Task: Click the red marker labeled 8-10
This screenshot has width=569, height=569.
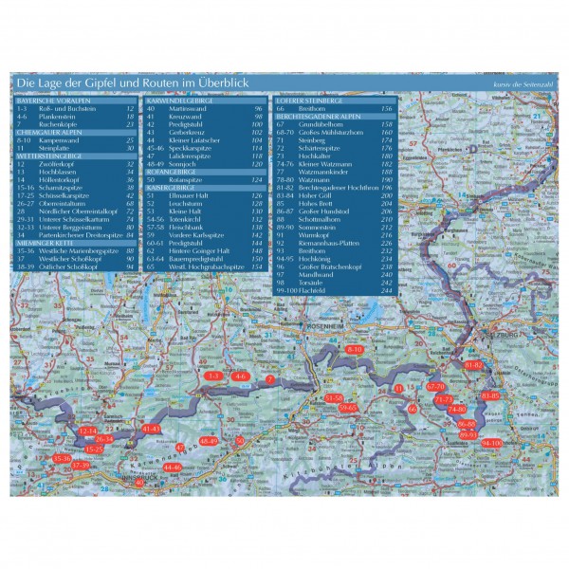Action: coord(355,350)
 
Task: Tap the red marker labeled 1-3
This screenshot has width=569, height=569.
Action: coord(212,376)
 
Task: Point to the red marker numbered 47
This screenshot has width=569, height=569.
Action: coord(179,446)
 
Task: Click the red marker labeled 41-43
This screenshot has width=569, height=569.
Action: coord(151,429)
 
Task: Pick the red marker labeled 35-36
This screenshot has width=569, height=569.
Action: coord(62,458)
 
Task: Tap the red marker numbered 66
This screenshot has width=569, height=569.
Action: coord(413,408)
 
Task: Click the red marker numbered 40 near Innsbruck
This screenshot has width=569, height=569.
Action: coord(139,482)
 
